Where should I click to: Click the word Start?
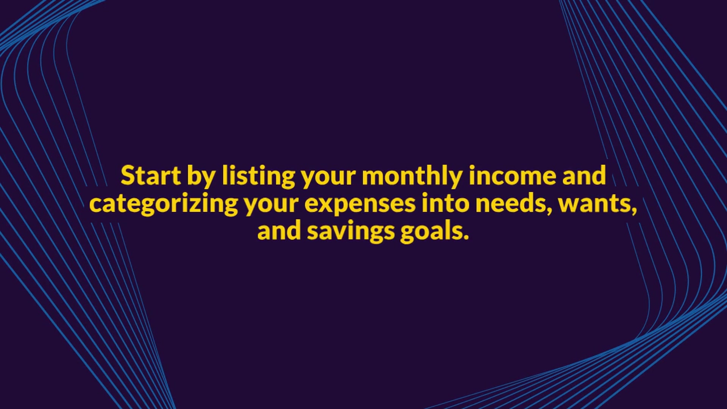tap(151, 175)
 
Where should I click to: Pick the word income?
tap(512, 175)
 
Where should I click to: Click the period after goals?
tap(466, 238)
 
